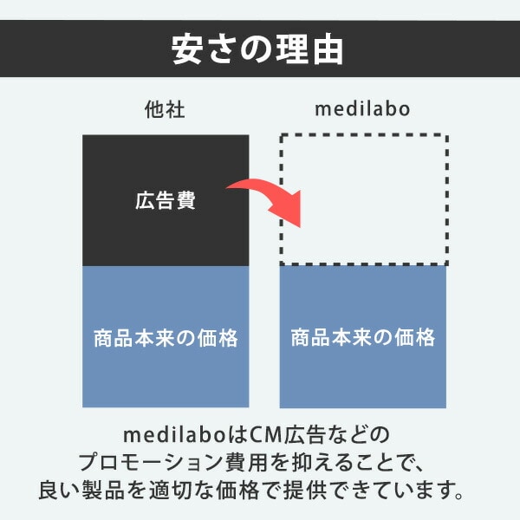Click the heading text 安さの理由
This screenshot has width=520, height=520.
click(x=259, y=49)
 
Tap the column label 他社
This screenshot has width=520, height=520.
click(x=165, y=110)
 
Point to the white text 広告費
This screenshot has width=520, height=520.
click(x=166, y=201)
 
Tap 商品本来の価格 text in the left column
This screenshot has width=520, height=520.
click(x=166, y=337)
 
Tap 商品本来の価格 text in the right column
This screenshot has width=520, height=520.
click(x=362, y=337)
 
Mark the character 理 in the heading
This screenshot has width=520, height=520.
click(x=292, y=49)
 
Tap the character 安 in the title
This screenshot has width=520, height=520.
click(x=188, y=49)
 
